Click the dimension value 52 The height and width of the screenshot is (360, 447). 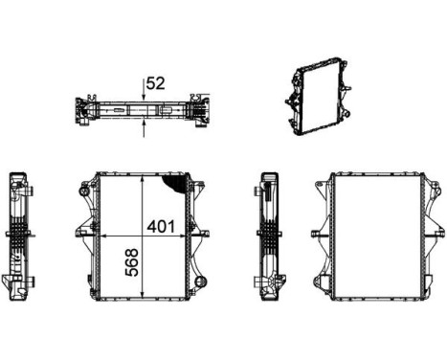click(x=156, y=83)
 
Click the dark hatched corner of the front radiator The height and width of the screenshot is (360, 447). click(x=174, y=182)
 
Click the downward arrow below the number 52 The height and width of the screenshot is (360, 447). click(x=144, y=93)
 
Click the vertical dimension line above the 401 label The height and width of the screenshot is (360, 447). click(x=143, y=196)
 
